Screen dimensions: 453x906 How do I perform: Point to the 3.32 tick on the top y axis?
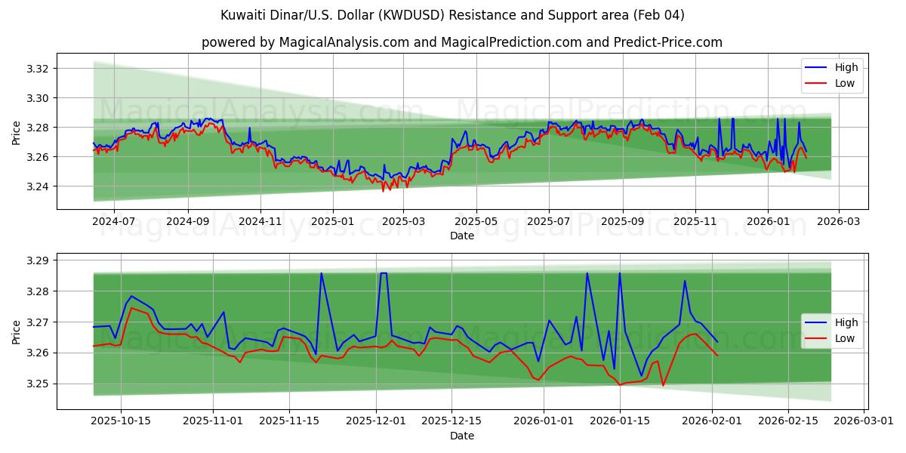38,69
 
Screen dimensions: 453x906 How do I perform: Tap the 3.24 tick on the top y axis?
38,186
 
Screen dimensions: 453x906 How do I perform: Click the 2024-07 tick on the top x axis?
114,221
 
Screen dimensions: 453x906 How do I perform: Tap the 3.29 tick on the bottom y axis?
38,260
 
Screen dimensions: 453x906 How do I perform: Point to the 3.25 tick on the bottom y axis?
38,384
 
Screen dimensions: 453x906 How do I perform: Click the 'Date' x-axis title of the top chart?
461,236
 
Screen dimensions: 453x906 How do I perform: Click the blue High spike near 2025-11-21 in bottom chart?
321,273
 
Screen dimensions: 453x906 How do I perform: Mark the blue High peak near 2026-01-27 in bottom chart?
685,281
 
